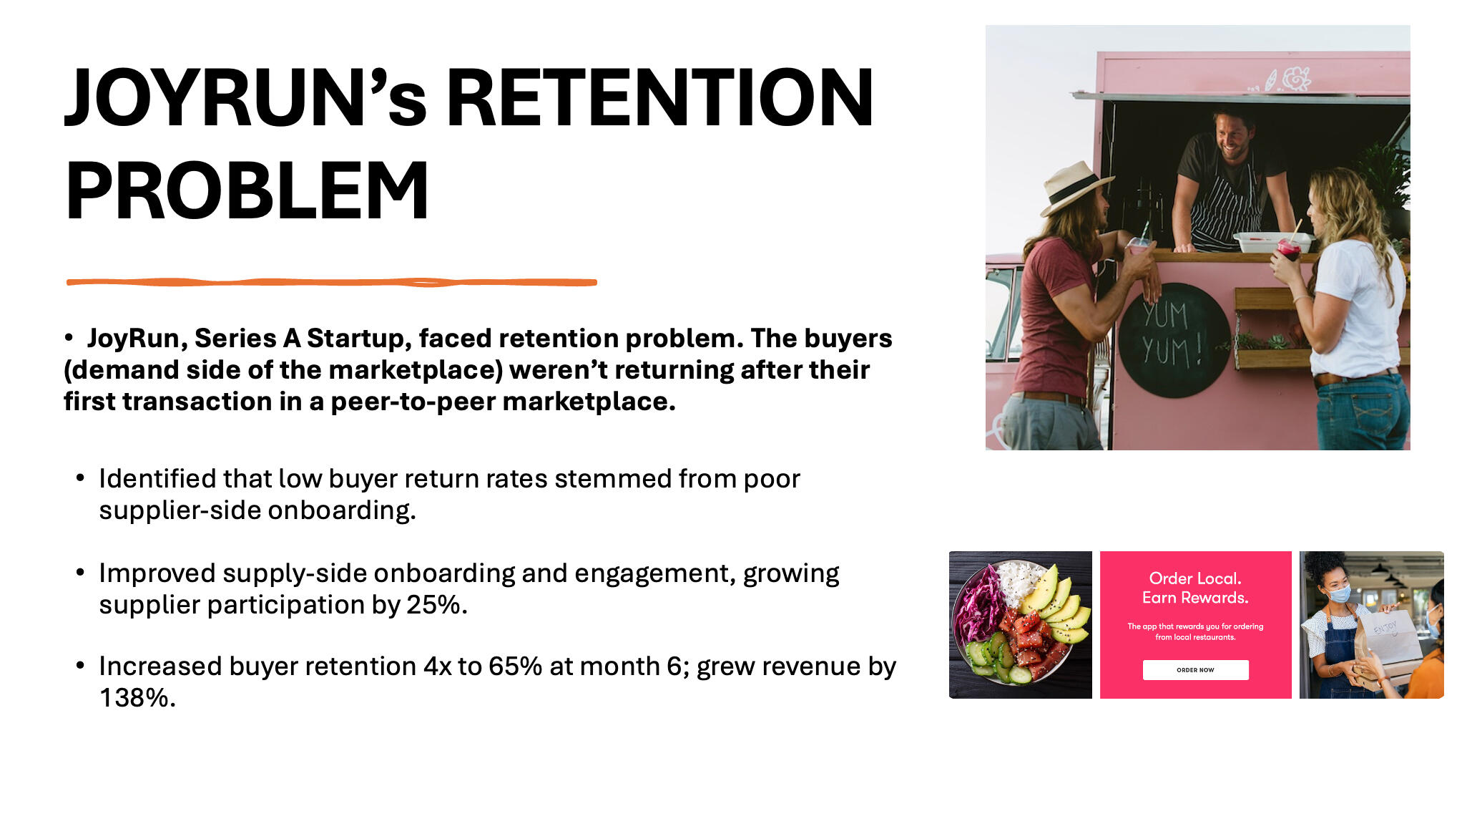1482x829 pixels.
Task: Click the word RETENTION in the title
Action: tap(659, 98)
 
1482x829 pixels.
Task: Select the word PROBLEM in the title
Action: tap(247, 190)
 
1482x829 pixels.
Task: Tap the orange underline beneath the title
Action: tap(331, 283)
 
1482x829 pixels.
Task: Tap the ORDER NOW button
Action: tap(1195, 670)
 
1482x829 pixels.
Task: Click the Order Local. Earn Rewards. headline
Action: tap(1195, 588)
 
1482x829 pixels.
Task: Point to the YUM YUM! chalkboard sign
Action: tap(1173, 339)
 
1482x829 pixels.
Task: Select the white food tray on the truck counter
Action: tap(1271, 242)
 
